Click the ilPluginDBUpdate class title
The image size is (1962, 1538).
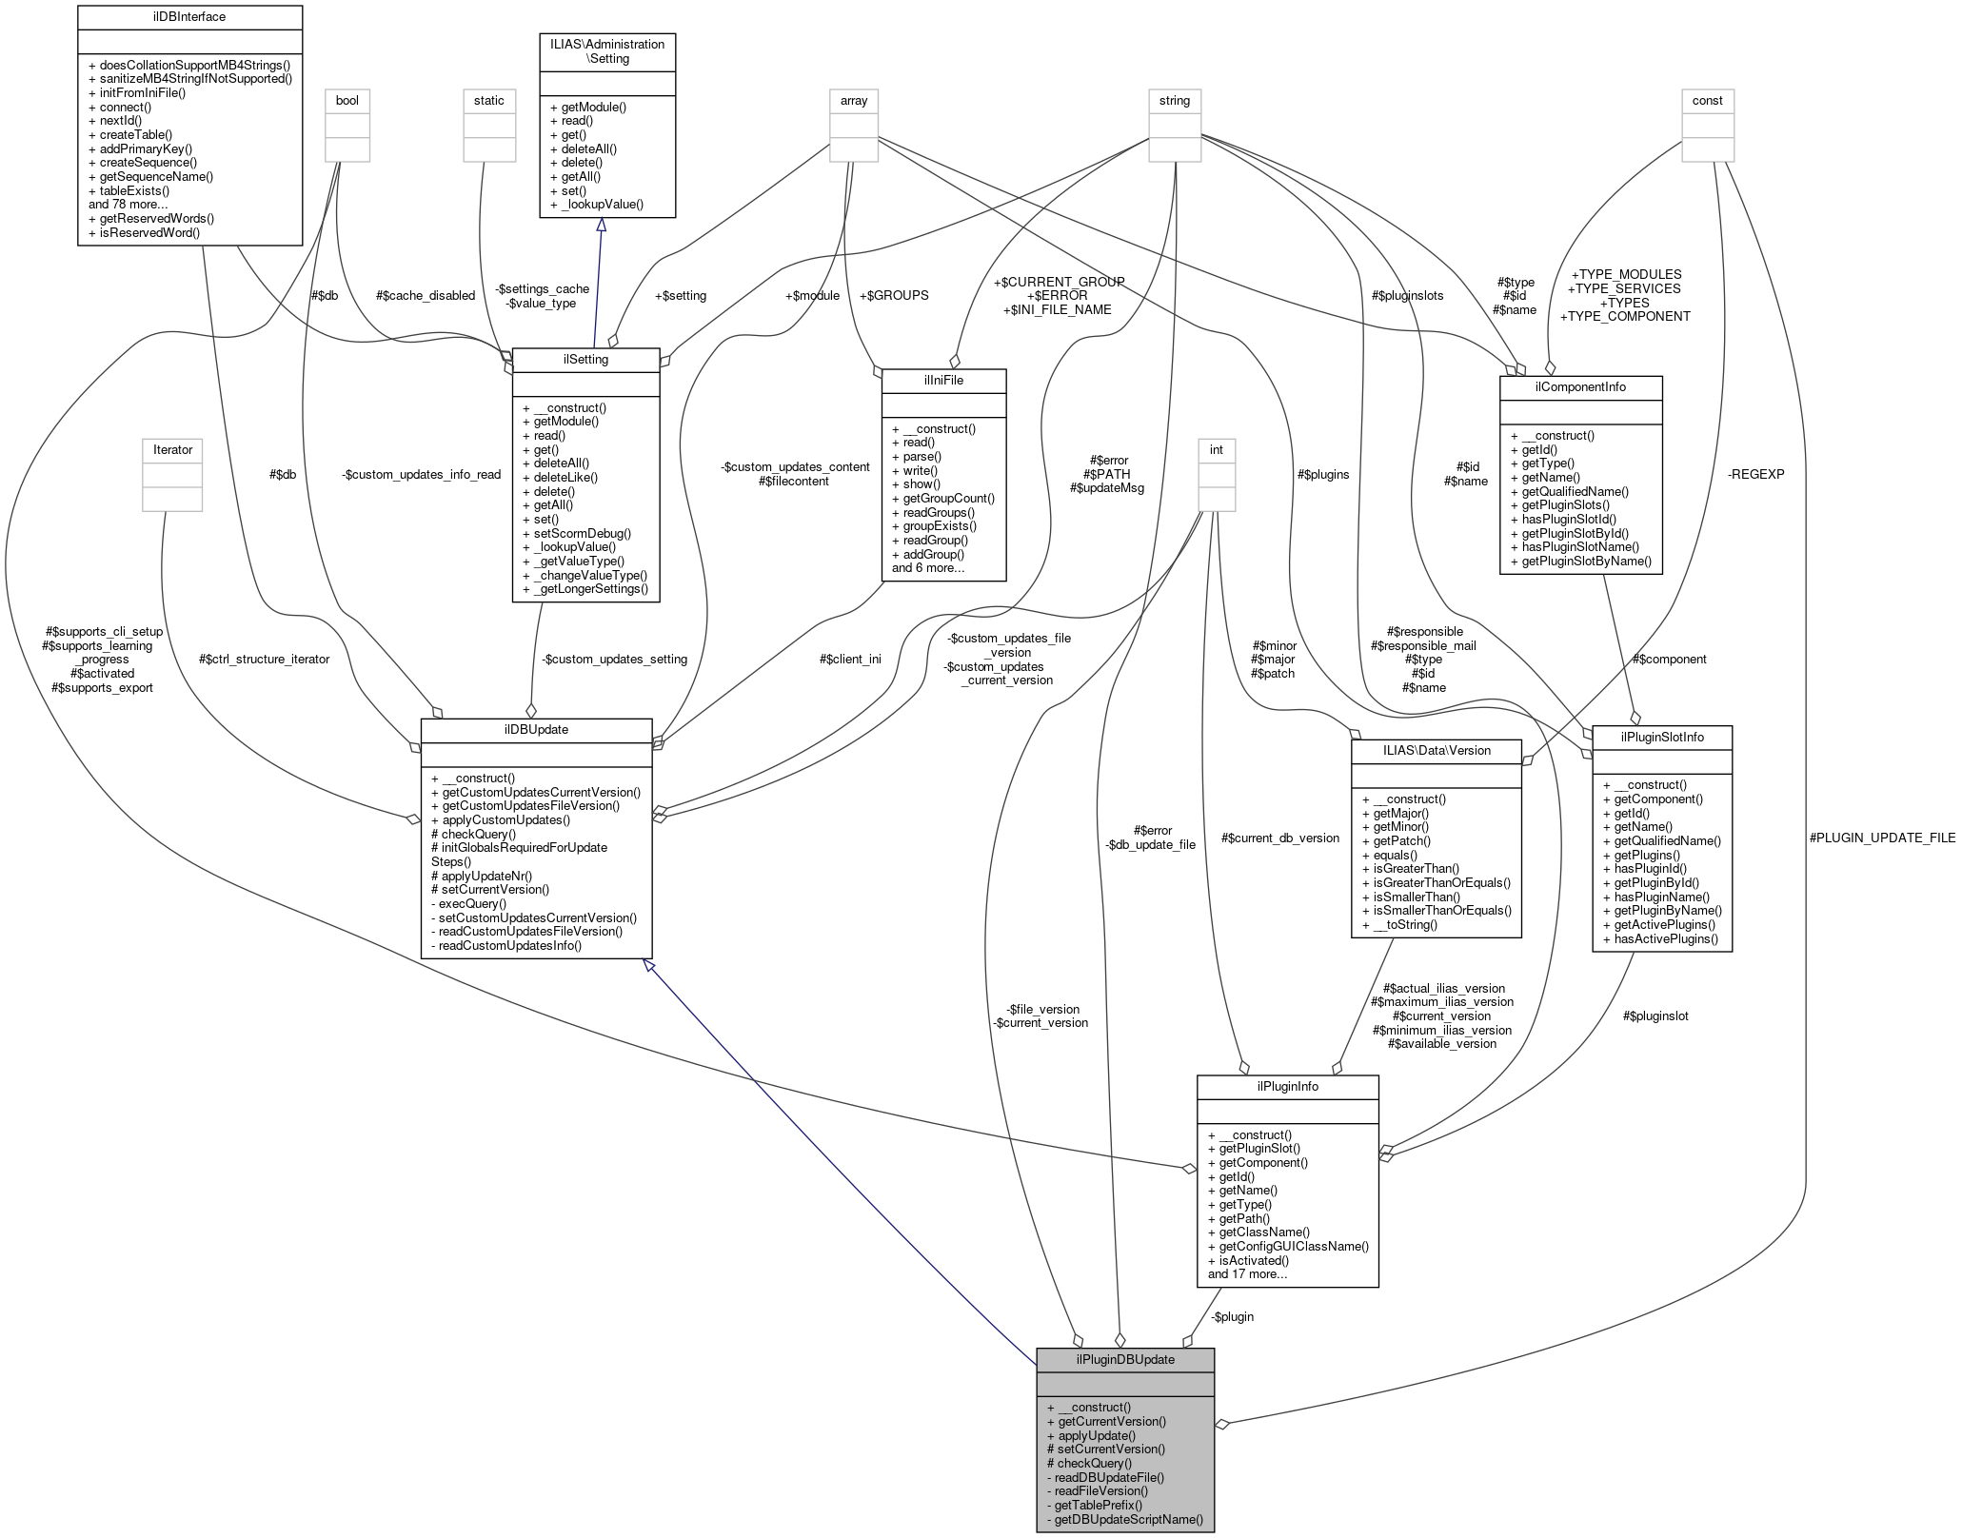click(x=1124, y=1359)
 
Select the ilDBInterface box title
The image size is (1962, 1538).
click(x=189, y=17)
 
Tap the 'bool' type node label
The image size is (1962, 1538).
click(x=347, y=100)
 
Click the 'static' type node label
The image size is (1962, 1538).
click(x=489, y=100)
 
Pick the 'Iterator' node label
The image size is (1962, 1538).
click(x=172, y=449)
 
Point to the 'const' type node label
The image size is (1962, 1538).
click(x=1707, y=100)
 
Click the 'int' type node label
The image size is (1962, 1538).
click(x=1216, y=449)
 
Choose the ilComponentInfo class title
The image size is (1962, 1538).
click(x=1580, y=386)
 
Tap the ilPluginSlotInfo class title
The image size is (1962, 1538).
click(x=1661, y=737)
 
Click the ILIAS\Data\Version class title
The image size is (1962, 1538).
click(x=1436, y=750)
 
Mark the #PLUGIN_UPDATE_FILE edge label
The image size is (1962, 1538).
click(x=1882, y=838)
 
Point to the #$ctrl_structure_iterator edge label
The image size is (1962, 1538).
click(x=265, y=659)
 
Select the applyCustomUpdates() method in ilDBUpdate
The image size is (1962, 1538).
click(x=501, y=819)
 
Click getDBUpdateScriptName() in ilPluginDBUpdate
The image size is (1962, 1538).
click(x=1124, y=1519)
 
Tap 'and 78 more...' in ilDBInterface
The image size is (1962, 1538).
click(x=129, y=205)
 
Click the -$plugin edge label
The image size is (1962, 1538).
click(x=1232, y=1316)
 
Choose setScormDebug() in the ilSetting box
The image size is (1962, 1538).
click(x=577, y=533)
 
